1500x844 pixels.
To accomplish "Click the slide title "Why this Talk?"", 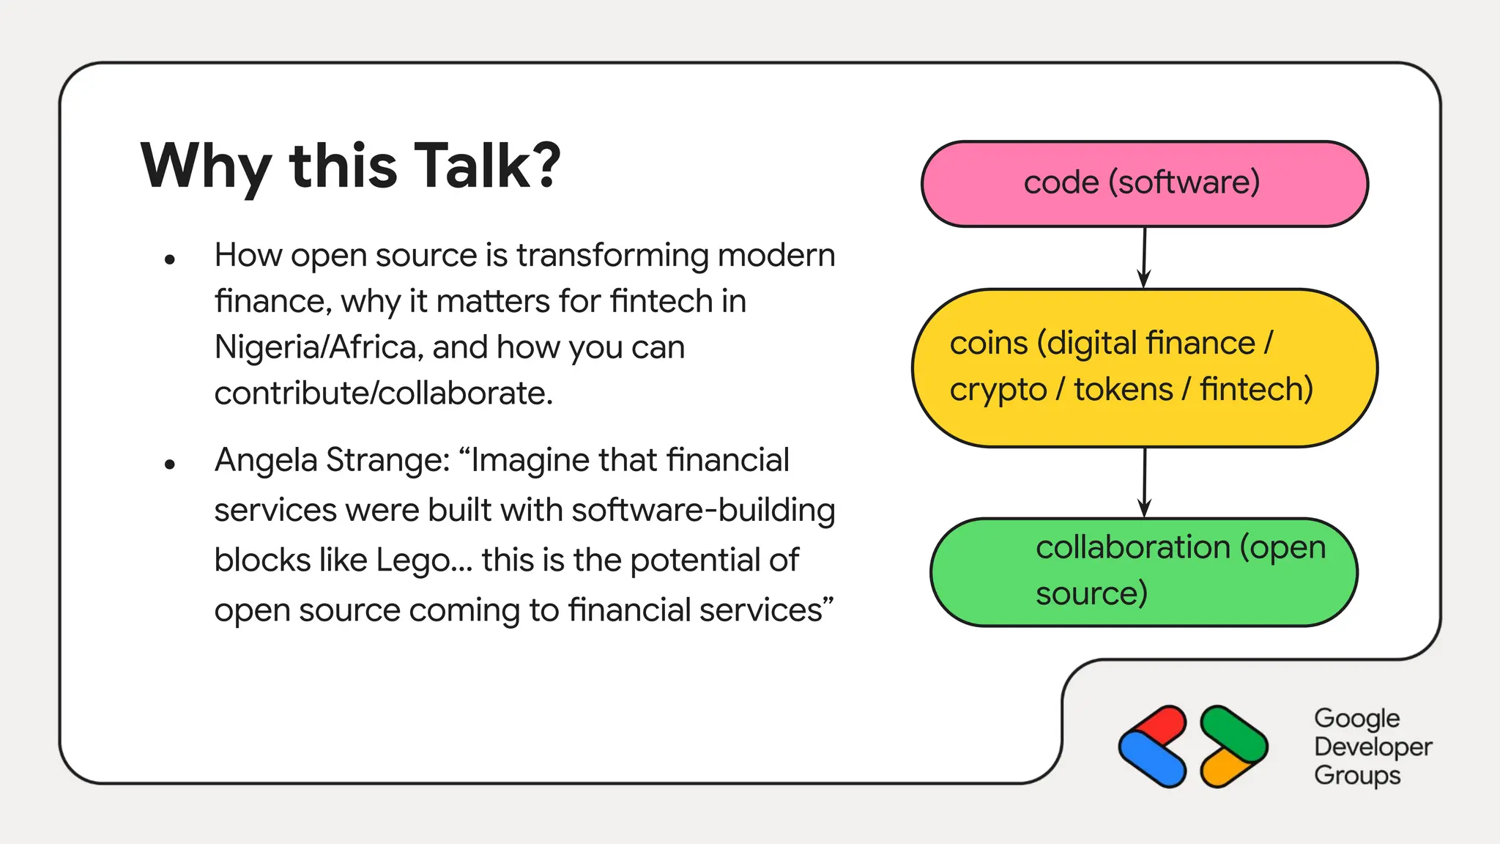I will (x=350, y=166).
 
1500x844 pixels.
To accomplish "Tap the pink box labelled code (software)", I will (x=1144, y=183).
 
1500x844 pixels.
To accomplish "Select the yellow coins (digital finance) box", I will (x=1144, y=367).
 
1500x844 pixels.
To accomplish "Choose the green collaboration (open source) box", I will (x=1144, y=571).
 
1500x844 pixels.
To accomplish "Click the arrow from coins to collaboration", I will (x=1144, y=482).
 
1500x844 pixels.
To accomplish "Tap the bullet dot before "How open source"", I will (x=170, y=259).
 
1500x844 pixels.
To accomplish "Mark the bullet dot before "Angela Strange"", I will (x=170, y=464).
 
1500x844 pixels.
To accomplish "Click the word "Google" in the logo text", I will (x=1356, y=719).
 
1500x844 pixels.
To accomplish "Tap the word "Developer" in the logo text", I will (x=1373, y=747).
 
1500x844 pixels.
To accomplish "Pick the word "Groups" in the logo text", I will (x=1356, y=775).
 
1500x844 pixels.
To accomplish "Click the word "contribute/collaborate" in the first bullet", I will (x=382, y=393).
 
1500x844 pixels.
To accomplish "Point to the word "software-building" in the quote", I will (x=703, y=511).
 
